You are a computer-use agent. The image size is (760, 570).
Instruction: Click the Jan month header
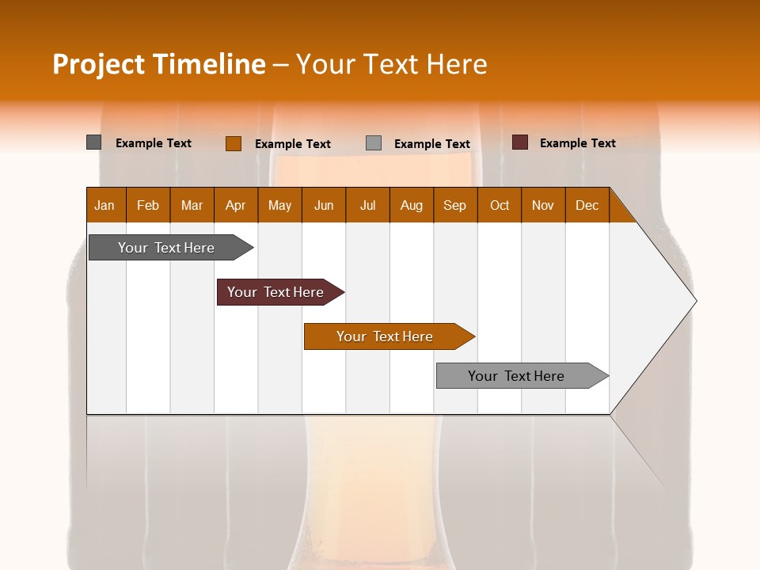point(104,205)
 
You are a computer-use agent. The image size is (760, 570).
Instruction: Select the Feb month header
point(148,205)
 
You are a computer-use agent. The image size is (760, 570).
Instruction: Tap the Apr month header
point(236,205)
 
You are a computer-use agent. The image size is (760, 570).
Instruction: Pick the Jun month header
point(324,205)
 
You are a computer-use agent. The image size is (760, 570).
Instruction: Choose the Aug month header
point(412,205)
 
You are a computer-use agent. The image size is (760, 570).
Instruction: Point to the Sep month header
point(455,205)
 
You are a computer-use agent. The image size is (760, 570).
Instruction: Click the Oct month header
point(500,205)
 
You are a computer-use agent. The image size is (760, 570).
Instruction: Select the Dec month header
point(587,205)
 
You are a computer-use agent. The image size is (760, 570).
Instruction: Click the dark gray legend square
point(94,142)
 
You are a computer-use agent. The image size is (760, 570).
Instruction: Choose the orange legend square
point(234,143)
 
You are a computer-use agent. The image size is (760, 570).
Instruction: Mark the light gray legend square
point(374,143)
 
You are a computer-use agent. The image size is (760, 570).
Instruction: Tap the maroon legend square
point(520,142)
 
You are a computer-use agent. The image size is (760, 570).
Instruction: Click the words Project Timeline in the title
point(159,64)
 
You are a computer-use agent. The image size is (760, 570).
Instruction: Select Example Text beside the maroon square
point(578,143)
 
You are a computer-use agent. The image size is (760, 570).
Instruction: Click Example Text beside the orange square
point(293,144)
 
